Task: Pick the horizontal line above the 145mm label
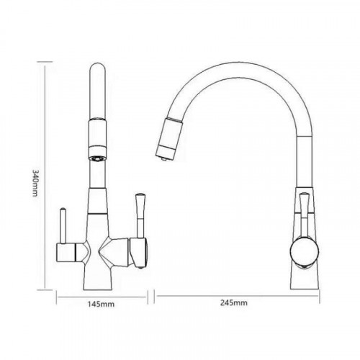click(103, 294)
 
